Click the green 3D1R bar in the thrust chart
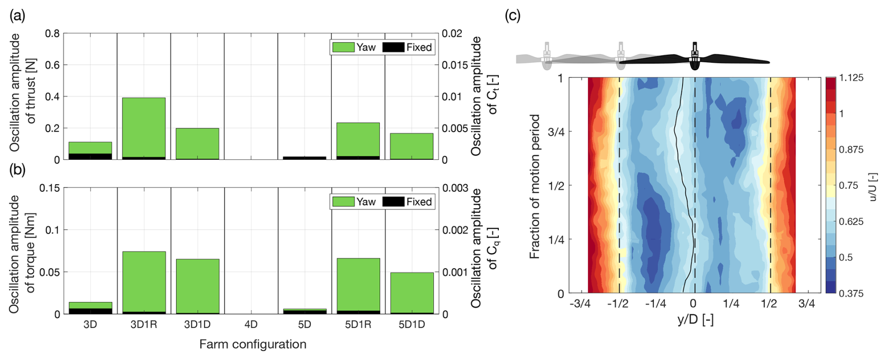pyautogui.click(x=144, y=127)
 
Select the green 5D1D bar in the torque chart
pyautogui.click(x=412, y=292)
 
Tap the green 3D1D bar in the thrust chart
pyautogui.click(x=197, y=143)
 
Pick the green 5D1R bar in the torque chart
pyautogui.click(x=358, y=285)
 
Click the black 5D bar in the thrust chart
pyautogui.click(x=305, y=158)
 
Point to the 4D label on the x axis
pyautogui.click(x=251, y=324)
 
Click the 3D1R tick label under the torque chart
pyautogui.click(x=144, y=324)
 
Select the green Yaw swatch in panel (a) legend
pyautogui.click(x=343, y=47)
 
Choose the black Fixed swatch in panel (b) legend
pyautogui.click(x=393, y=202)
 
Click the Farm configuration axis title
pyautogui.click(x=253, y=344)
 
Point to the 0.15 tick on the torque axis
pyautogui.click(x=50, y=187)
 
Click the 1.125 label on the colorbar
pyautogui.click(x=851, y=78)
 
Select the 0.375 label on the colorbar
pyautogui.click(x=851, y=293)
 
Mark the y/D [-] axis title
pyautogui.click(x=695, y=320)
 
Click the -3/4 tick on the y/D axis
pyautogui.click(x=580, y=303)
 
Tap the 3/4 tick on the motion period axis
pyautogui.click(x=556, y=132)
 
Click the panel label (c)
pyautogui.click(x=512, y=15)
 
